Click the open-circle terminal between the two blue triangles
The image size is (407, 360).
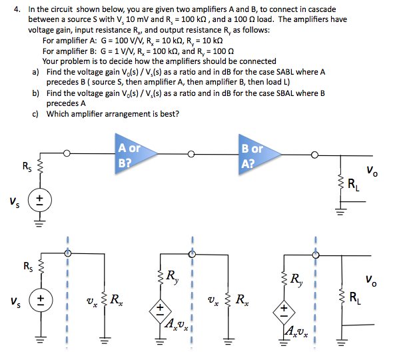pyautogui.click(x=192, y=154)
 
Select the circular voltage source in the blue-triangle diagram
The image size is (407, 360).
pyautogui.click(x=40, y=199)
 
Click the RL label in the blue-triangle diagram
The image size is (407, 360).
pyautogui.click(x=364, y=187)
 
